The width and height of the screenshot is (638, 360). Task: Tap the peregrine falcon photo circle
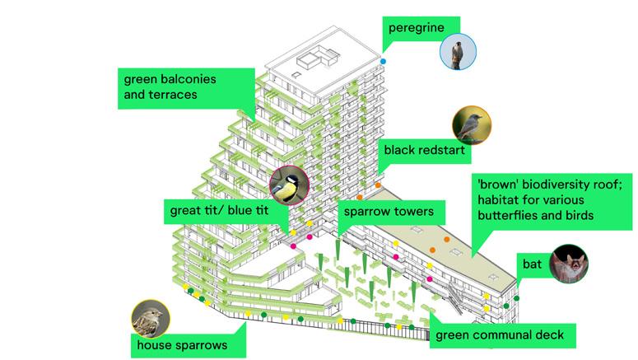[458, 52]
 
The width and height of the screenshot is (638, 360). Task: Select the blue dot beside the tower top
[384, 62]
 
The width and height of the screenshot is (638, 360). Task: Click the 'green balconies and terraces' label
[170, 87]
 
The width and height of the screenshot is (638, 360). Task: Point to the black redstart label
[424, 151]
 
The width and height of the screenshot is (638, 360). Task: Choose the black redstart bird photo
[472, 126]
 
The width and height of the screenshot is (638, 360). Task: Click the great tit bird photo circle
[288, 185]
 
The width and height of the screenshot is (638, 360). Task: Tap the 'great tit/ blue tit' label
[219, 210]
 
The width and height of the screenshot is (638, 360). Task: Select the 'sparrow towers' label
[389, 212]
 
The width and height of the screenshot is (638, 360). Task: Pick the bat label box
[533, 265]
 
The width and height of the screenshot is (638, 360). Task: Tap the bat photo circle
[569, 264]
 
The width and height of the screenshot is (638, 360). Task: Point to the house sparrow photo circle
[150, 320]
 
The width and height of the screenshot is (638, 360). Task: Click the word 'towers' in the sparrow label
[411, 212]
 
